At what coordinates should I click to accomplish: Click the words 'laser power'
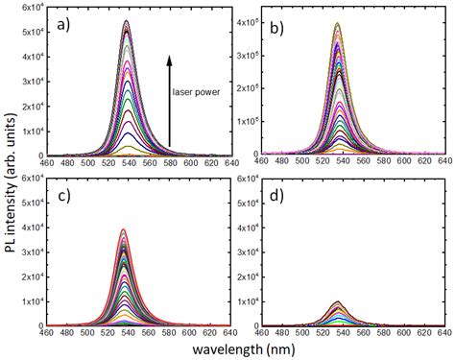[x=198, y=92]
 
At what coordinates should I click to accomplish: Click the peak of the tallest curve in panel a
[x=127, y=21]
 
